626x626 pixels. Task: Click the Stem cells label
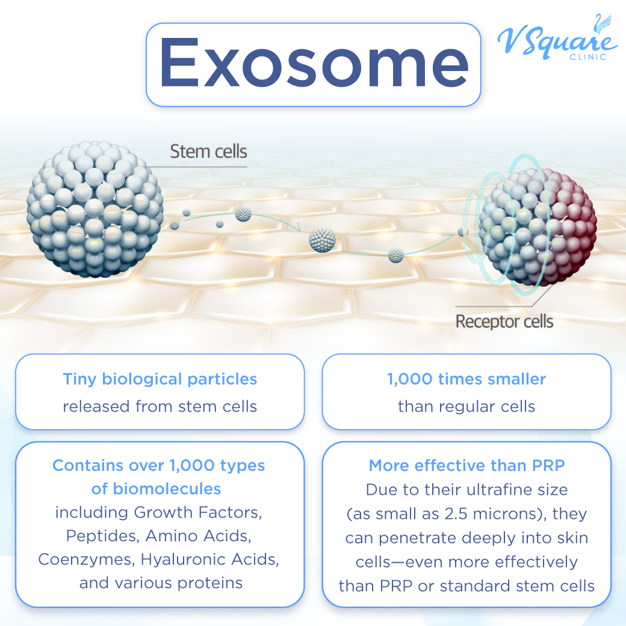(x=208, y=151)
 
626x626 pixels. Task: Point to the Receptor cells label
(x=504, y=321)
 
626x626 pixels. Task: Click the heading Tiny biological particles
(x=160, y=380)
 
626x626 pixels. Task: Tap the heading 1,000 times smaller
(x=466, y=380)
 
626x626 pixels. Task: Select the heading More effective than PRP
(x=466, y=466)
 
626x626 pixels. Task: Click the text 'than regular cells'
(x=466, y=406)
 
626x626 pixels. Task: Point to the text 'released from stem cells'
(x=160, y=406)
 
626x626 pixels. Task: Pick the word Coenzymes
(x=87, y=559)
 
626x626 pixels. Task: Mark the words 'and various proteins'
(x=161, y=583)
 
